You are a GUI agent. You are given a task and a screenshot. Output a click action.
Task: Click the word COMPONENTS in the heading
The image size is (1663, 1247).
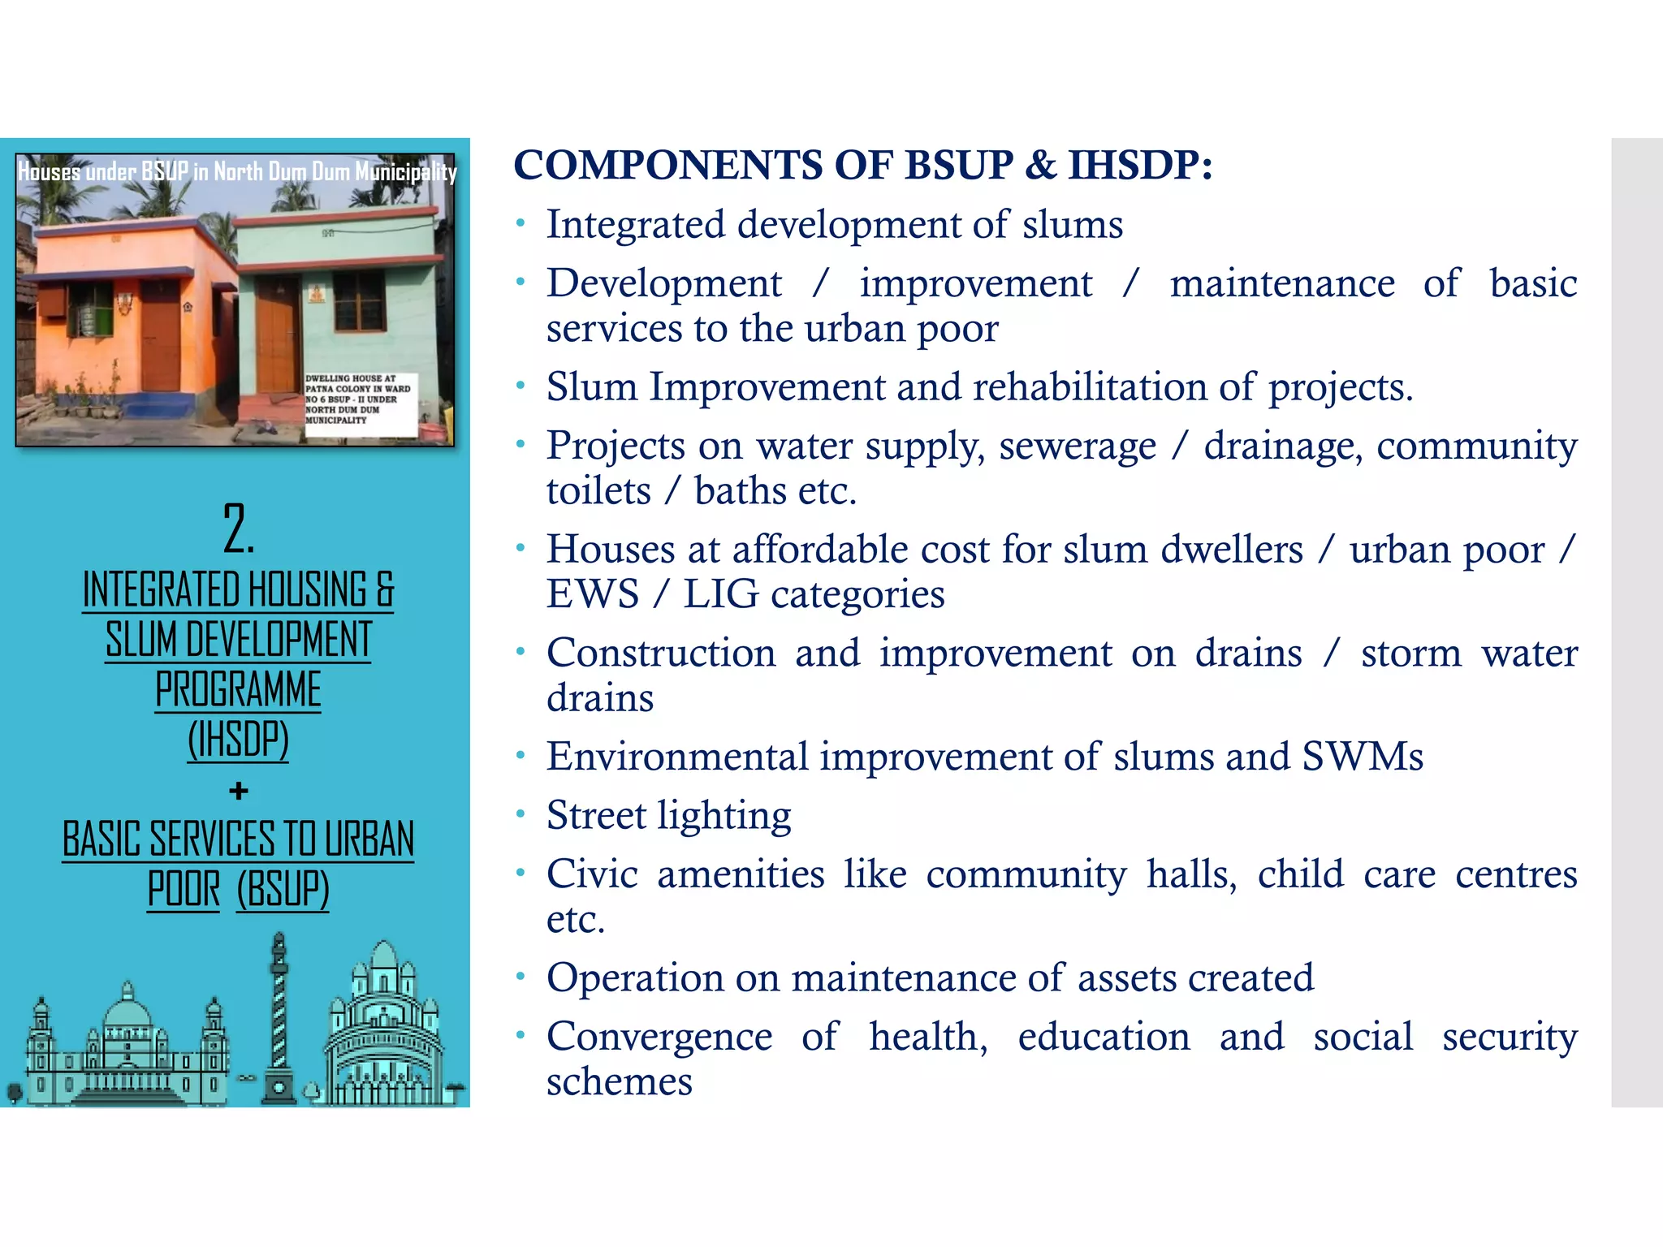(x=668, y=166)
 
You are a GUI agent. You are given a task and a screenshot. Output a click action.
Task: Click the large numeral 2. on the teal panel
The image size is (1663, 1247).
(x=238, y=529)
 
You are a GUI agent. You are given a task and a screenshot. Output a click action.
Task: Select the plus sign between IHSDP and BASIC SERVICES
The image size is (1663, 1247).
(x=238, y=790)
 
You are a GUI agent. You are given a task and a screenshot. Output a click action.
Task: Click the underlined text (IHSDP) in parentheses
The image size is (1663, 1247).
(x=238, y=740)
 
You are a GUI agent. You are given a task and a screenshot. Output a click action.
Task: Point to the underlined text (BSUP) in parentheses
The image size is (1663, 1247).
(x=283, y=888)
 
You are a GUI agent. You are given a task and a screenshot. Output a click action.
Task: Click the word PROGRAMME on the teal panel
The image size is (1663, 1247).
(x=238, y=690)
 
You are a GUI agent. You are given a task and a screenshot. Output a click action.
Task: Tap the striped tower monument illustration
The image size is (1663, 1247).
(x=279, y=1015)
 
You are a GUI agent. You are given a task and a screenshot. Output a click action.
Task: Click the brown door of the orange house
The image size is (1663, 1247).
(x=160, y=337)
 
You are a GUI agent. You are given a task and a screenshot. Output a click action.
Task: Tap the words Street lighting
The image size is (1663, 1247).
(x=668, y=815)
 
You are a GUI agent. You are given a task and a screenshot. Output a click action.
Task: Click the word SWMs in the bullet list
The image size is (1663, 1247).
(x=1363, y=757)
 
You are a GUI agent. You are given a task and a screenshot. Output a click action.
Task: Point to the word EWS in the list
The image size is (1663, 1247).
(x=593, y=594)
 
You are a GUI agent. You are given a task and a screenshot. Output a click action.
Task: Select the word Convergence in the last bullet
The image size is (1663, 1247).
(x=659, y=1037)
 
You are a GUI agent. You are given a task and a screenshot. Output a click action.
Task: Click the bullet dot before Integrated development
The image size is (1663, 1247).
(x=520, y=223)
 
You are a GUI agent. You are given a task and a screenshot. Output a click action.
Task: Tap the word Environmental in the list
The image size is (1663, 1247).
(x=677, y=757)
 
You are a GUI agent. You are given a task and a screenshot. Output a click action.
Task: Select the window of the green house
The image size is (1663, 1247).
(x=359, y=301)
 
